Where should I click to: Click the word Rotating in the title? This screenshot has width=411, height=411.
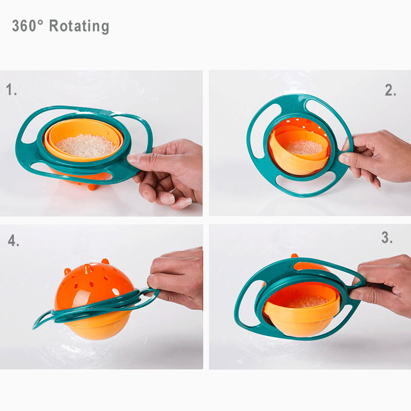tap(79, 26)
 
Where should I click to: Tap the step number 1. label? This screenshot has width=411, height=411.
tap(11, 90)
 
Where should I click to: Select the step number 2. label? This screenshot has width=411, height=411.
tap(390, 90)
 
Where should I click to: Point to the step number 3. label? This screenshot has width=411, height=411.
tap(387, 237)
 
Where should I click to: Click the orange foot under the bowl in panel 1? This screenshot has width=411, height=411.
tap(92, 186)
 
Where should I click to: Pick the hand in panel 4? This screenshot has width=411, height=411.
tap(177, 277)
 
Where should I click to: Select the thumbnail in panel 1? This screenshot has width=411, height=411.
tap(135, 159)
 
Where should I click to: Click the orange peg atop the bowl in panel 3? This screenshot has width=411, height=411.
tap(294, 255)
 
